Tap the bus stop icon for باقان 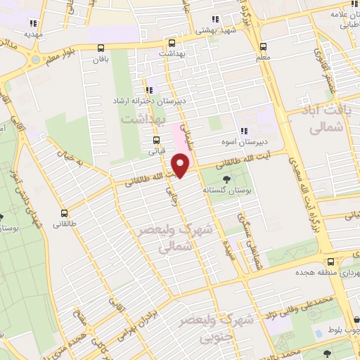(x=101, y=49)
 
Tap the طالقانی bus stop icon (x=65, y=214)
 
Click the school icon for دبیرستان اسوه (x=244, y=131)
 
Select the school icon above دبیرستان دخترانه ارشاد (x=149, y=89)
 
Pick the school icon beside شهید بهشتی (x=215, y=20)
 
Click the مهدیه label (x=33, y=33)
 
